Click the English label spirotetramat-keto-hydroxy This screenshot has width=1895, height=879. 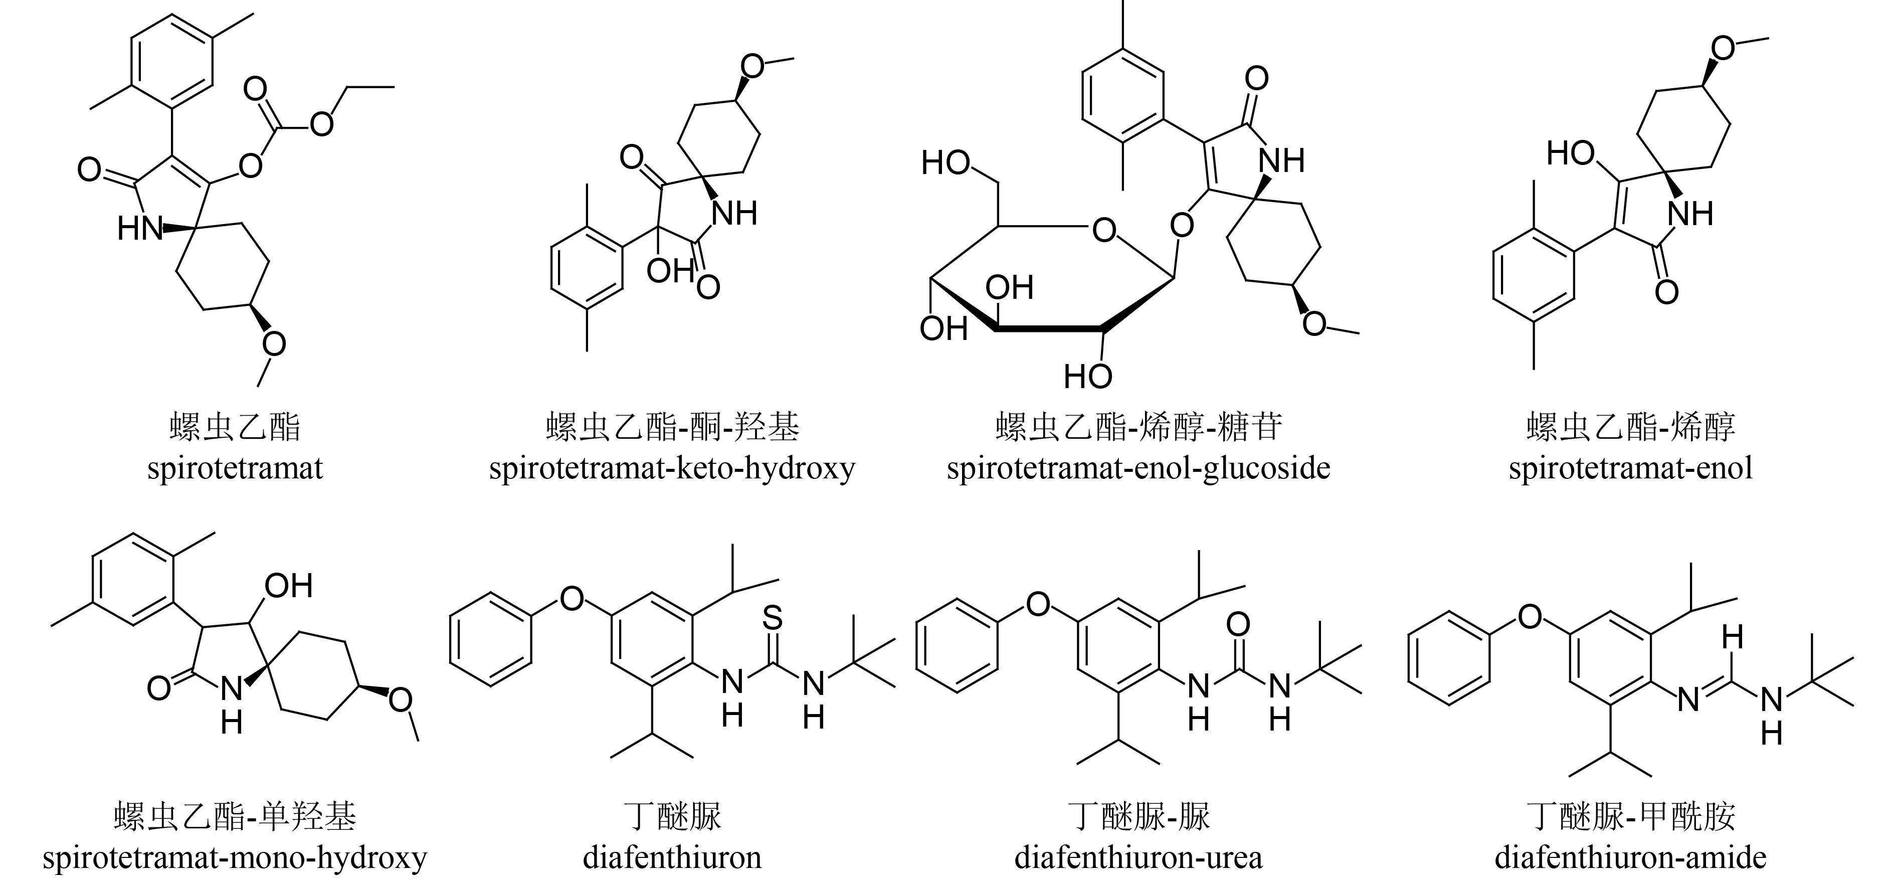[672, 468]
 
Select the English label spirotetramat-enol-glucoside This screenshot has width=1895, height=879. [1138, 468]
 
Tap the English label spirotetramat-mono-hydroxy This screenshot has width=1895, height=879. [235, 857]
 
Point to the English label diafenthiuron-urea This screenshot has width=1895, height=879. [1138, 857]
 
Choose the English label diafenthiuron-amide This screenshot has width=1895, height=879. [1630, 857]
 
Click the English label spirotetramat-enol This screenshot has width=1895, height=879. [1630, 468]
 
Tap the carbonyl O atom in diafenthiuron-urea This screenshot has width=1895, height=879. [1238, 624]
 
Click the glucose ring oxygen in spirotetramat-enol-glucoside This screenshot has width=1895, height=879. [1104, 230]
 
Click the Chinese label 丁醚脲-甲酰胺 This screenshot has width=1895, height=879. [1630, 816]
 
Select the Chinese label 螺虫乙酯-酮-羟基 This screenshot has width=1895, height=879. [672, 427]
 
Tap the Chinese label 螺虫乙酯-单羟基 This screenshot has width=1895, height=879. [235, 816]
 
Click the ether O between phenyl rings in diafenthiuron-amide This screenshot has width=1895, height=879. [1530, 616]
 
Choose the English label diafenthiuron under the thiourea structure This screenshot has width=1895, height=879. [672, 857]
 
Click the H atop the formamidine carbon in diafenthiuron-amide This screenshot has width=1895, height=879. [1733, 638]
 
